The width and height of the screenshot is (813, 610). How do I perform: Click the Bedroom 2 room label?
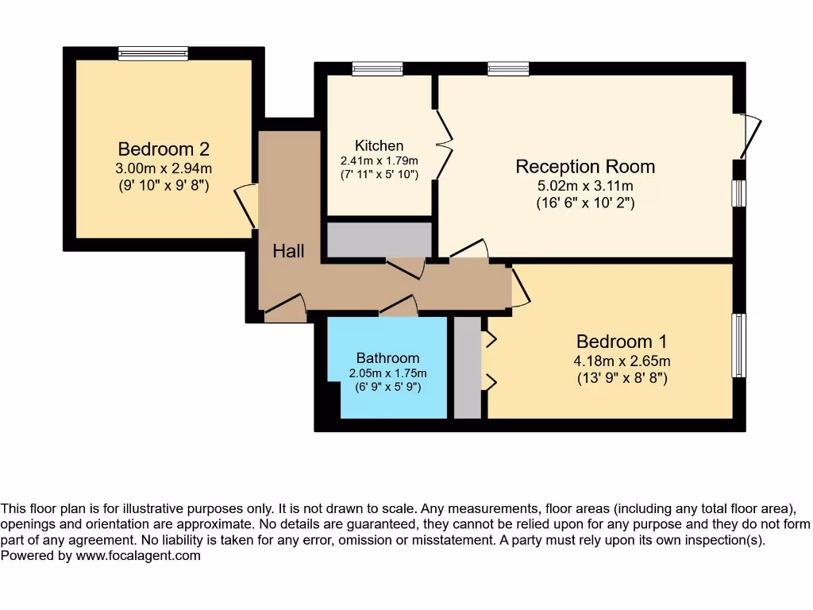point(164,149)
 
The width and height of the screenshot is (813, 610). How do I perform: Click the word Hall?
point(288,251)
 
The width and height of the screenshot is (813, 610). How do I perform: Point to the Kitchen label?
point(379,145)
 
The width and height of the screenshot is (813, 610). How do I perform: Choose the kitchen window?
point(377,69)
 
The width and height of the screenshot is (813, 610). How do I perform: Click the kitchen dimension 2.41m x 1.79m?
point(379,160)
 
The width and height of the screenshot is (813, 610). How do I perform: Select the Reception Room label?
point(585,167)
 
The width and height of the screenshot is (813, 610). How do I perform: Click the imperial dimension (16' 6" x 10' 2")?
point(585,203)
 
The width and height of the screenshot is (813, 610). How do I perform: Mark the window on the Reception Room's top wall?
point(508,69)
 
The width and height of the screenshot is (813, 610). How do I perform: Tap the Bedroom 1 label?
point(621,342)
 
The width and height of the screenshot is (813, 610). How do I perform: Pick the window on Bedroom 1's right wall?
point(739,346)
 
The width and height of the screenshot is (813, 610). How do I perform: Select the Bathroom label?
point(387,358)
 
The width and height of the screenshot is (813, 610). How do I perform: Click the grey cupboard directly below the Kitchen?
point(379,240)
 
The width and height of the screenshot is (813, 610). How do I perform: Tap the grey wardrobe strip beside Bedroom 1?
point(468,368)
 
